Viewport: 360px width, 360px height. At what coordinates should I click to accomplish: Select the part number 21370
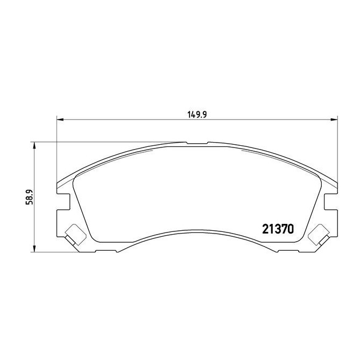pyautogui.click(x=277, y=229)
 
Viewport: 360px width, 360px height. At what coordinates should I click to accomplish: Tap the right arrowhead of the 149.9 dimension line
pyautogui.click(x=335, y=119)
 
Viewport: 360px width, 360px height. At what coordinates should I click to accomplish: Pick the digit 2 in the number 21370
pyautogui.click(x=265, y=229)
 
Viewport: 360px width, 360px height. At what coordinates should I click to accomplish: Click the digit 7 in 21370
pyautogui.click(x=283, y=229)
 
